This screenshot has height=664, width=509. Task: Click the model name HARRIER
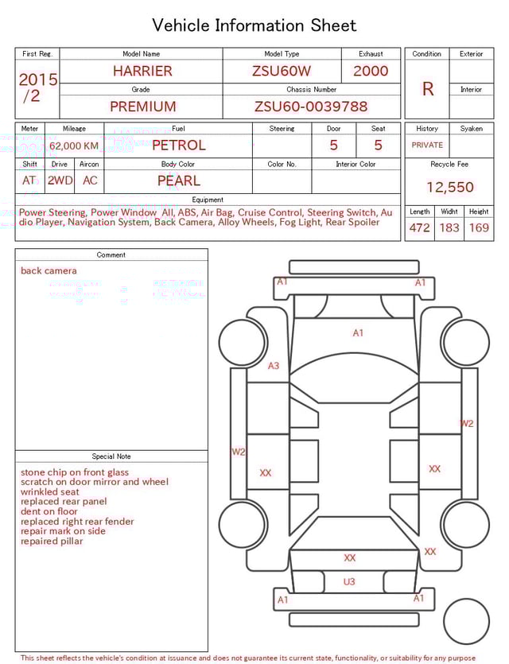tap(142, 71)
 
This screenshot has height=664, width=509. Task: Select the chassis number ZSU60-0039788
tap(311, 107)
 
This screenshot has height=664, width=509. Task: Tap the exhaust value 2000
tap(371, 71)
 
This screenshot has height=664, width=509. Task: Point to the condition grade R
tap(427, 89)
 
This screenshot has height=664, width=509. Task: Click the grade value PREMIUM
tap(143, 107)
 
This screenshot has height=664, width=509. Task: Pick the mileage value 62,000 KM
tap(74, 146)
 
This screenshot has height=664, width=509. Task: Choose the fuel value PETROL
tap(178, 146)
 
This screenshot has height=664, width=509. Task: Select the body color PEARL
tap(178, 181)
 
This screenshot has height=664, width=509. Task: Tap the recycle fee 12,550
tap(449, 188)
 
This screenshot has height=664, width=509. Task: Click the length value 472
tap(419, 228)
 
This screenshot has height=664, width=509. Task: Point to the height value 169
tap(479, 228)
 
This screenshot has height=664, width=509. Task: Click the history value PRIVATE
tap(427, 146)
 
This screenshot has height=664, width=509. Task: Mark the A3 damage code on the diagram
tap(274, 366)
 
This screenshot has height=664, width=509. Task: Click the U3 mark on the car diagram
tap(349, 582)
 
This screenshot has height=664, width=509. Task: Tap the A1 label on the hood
tap(358, 333)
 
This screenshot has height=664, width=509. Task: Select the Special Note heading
tap(111, 456)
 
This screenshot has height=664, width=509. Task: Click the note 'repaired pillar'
tap(52, 542)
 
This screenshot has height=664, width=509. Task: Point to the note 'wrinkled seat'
tap(50, 492)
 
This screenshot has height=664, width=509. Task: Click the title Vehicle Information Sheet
tap(254, 25)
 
